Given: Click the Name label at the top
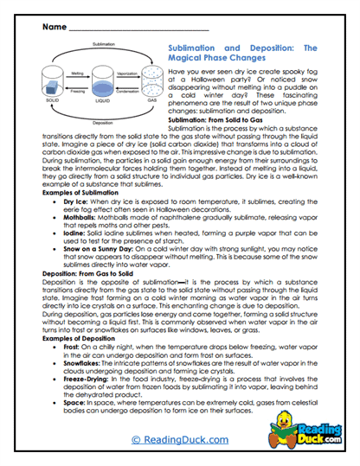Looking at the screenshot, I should pyautogui.click(x=50, y=28).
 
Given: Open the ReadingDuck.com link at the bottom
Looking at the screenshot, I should pyautogui.click(x=180, y=440).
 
